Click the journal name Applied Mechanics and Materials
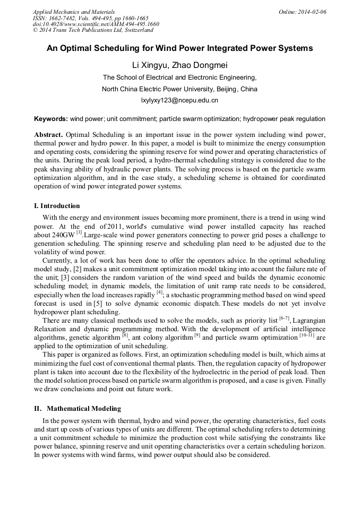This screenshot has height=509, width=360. point(73,12)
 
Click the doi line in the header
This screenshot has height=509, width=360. point(96,24)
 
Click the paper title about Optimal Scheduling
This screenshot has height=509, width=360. point(179,48)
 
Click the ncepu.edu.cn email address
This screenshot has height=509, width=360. point(179,100)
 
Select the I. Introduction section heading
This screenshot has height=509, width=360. point(57,206)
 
